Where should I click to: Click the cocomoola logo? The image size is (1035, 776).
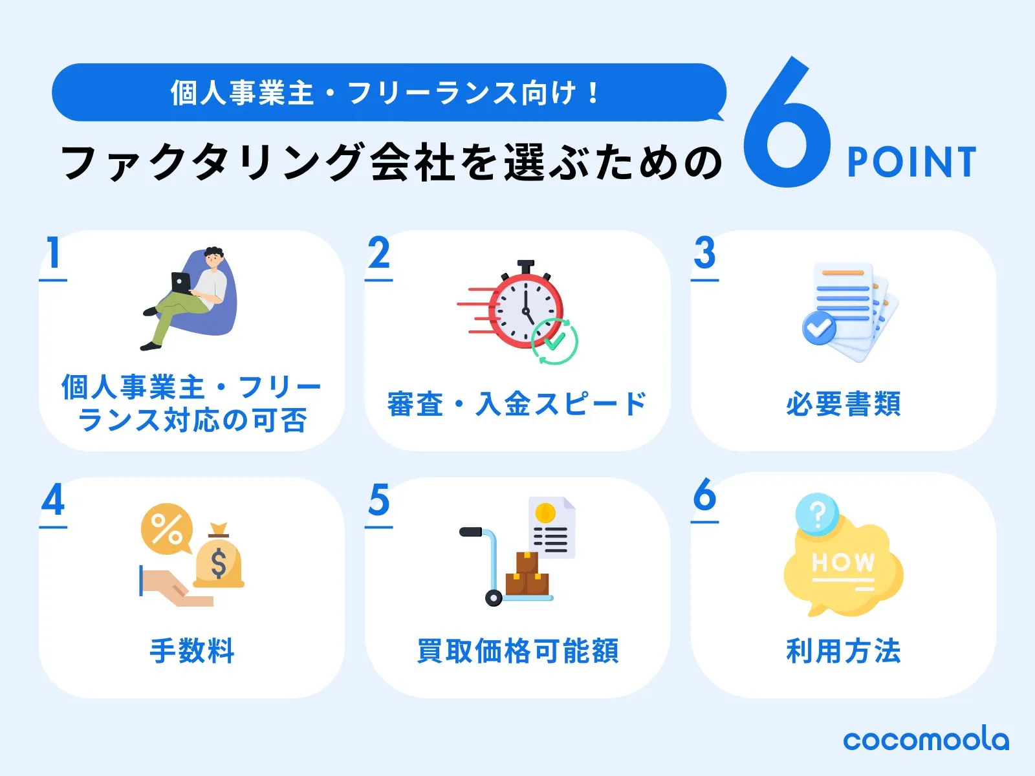pos(926,740)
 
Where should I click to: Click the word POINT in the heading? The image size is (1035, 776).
pos(911,162)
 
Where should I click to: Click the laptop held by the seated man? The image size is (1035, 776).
pos(180,283)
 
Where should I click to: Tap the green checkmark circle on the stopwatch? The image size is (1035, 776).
pos(554,341)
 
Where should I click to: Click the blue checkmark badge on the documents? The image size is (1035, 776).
pos(819,327)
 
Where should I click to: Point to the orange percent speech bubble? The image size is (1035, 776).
pos(166,528)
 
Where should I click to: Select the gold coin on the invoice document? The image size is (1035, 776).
pos(545,513)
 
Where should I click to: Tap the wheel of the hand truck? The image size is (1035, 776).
pos(493,598)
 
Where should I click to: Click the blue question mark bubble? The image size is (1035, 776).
pos(817,514)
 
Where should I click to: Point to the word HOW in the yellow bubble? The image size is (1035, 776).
pos(843,562)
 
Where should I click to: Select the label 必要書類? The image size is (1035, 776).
pos(844,404)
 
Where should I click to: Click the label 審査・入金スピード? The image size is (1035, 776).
pos(517,404)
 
